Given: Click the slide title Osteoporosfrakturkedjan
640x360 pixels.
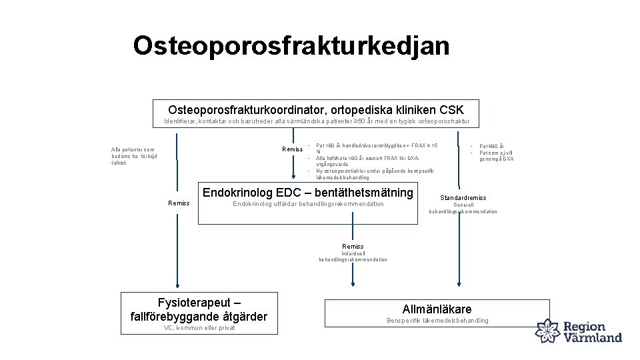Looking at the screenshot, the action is (x=291, y=45).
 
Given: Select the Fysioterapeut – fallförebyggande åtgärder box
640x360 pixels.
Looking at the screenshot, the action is (x=199, y=313).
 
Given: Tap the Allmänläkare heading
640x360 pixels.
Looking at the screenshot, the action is (x=437, y=309).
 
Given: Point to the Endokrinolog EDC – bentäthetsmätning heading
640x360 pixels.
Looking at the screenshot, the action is (x=307, y=193).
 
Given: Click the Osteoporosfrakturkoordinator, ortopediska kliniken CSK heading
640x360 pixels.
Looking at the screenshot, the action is (x=316, y=109).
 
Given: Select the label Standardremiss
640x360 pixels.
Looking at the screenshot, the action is (x=463, y=197).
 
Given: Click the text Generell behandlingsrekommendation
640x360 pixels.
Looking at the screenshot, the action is (x=463, y=208).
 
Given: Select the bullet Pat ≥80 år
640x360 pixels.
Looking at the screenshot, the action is (x=491, y=146).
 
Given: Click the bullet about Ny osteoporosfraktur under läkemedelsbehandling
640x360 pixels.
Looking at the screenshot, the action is (x=375, y=174).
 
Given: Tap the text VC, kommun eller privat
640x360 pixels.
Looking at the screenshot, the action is (x=199, y=328).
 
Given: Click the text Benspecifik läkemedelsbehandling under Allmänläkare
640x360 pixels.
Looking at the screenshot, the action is (x=437, y=321).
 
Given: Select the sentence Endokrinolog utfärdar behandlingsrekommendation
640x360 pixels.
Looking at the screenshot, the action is (x=307, y=204).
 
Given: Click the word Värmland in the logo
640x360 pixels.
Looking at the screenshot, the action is (x=593, y=337).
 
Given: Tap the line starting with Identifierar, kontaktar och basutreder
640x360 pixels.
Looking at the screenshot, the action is (x=317, y=121).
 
